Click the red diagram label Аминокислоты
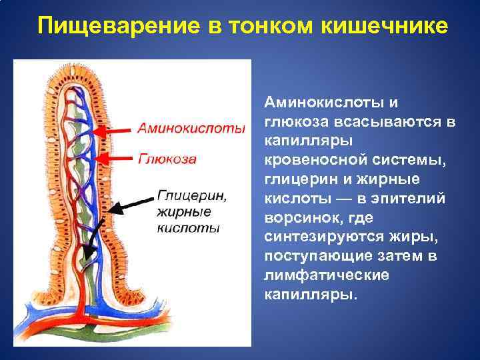tap(192, 128)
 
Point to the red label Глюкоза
tap(167, 159)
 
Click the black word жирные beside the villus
tap(183, 212)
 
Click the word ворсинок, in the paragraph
tap(297, 219)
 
